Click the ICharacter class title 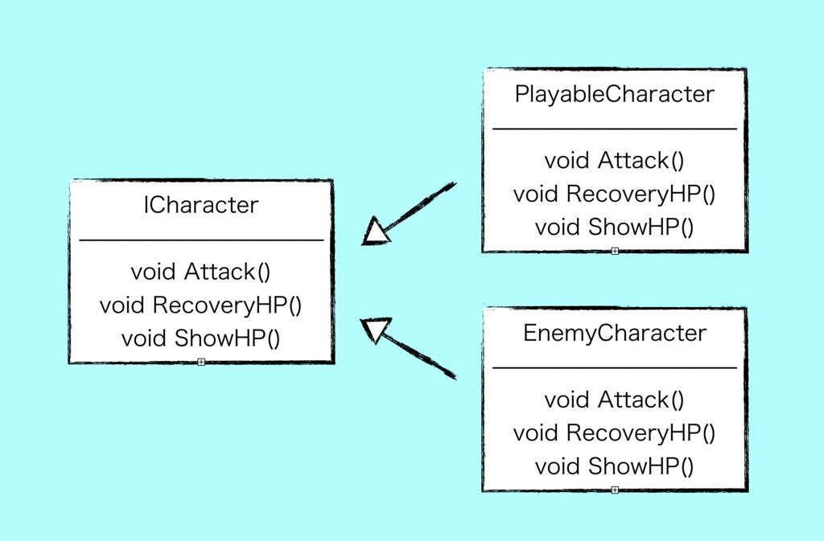[x=200, y=205]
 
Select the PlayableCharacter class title [x=614, y=94]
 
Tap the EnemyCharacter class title [x=615, y=333]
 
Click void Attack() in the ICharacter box [x=200, y=272]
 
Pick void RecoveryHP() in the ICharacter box [x=200, y=305]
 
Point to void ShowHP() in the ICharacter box [x=200, y=338]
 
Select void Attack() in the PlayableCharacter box [x=614, y=161]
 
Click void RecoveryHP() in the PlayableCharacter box [x=614, y=194]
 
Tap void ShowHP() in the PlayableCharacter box [x=614, y=227]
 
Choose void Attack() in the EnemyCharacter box [x=614, y=400]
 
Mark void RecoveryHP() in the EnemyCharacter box [x=614, y=433]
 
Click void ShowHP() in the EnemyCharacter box [x=614, y=466]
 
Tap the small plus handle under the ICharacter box [x=201, y=362]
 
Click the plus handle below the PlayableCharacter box [x=615, y=252]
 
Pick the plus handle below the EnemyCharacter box [x=615, y=490]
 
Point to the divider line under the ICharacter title [x=201, y=240]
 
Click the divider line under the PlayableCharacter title [x=615, y=129]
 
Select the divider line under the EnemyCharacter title [x=615, y=368]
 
